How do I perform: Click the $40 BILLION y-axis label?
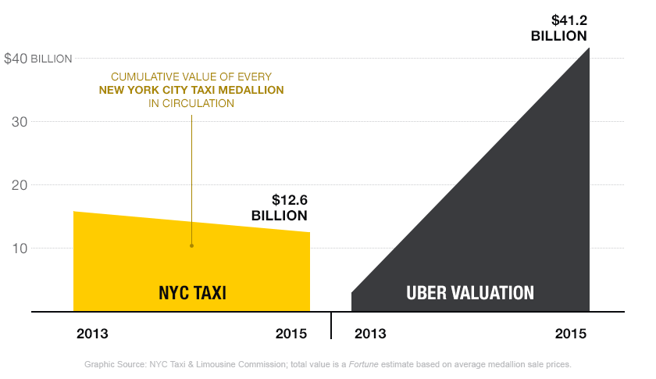click(x=38, y=59)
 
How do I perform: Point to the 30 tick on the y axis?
click(x=20, y=122)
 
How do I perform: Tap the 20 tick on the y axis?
click(x=20, y=185)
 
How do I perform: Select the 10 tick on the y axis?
click(x=20, y=248)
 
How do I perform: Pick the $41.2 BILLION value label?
click(x=558, y=28)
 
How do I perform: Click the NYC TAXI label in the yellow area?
click(x=192, y=293)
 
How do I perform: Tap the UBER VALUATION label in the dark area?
click(x=470, y=293)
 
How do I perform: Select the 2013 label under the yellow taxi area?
click(x=92, y=333)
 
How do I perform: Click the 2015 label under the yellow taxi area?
click(x=291, y=333)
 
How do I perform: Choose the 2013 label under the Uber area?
click(x=370, y=333)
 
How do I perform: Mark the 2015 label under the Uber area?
click(x=570, y=333)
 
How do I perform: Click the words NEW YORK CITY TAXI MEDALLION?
click(x=191, y=90)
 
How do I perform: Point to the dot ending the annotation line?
click(x=191, y=246)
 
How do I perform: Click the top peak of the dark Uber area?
click(x=588, y=49)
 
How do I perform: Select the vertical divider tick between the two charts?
click(x=331, y=324)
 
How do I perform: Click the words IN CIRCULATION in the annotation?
click(x=191, y=103)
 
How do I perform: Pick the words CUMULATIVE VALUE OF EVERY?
click(x=191, y=77)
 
